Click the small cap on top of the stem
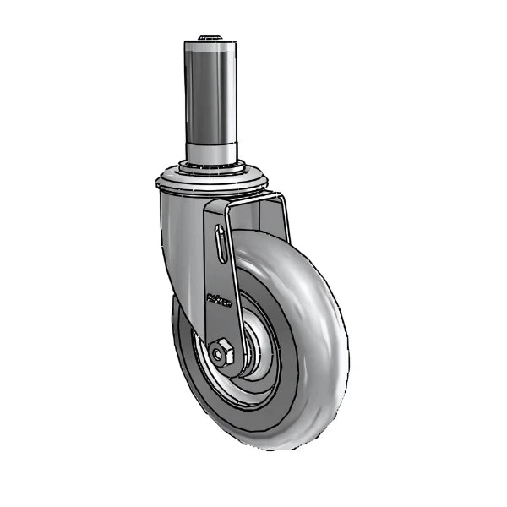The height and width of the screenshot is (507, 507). (208, 37)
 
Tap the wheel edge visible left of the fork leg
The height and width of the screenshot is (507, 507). (182, 338)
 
